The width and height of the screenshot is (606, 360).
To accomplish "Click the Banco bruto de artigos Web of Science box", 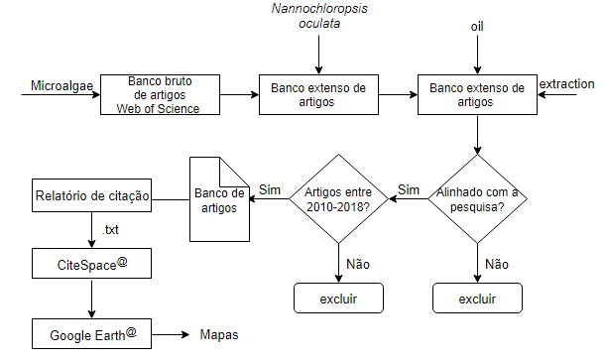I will (x=164, y=95).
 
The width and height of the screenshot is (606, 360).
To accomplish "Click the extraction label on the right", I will (x=566, y=85).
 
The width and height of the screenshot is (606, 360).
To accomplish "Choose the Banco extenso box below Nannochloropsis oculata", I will (x=317, y=95).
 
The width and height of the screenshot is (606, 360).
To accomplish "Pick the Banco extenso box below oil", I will (x=477, y=95).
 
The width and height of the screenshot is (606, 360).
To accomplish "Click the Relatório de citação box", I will (x=91, y=196).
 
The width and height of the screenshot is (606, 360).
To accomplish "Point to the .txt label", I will (x=112, y=230).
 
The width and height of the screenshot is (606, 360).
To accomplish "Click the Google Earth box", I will (x=91, y=334).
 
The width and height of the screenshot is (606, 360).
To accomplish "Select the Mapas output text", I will (x=219, y=335).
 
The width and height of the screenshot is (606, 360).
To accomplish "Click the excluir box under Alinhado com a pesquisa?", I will (x=477, y=299).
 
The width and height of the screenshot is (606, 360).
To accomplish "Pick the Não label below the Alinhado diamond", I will (x=498, y=265).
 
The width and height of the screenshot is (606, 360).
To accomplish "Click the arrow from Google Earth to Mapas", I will (x=171, y=334).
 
